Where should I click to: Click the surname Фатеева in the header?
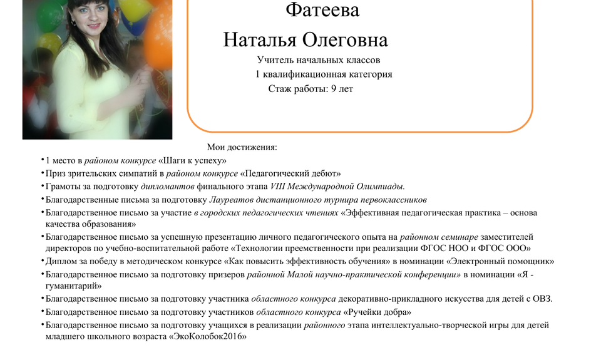tap(322, 10)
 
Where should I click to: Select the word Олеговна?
tap(345, 40)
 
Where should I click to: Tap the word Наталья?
tap(260, 40)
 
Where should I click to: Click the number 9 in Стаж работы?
tap(334, 89)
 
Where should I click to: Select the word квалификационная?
tap(302, 75)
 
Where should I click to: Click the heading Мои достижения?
tap(242, 147)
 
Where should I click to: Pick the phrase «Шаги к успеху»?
tap(192, 161)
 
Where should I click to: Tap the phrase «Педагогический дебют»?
tap(290, 173)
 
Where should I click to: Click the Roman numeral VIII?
tap(277, 187)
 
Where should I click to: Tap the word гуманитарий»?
tap(74, 286)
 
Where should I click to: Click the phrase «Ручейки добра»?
tap(377, 312)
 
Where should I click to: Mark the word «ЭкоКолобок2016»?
tap(207, 337)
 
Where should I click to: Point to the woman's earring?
tap(73, 23)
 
